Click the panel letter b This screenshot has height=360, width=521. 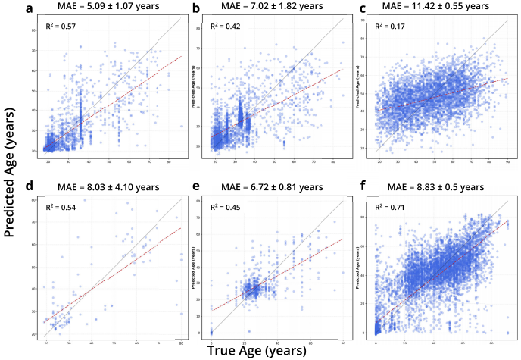point(195,9)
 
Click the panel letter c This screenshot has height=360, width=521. point(364,9)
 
